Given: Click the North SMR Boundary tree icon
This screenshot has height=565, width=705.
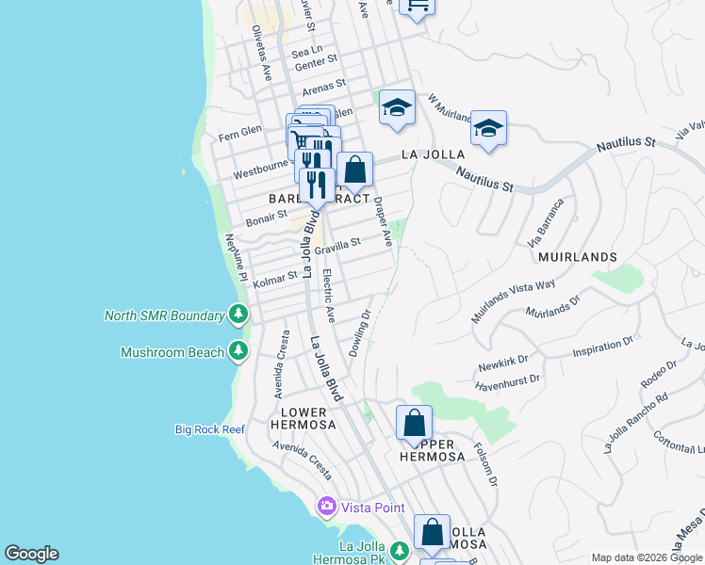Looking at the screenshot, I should (239, 315).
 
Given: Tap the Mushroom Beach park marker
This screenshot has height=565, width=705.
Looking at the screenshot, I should (239, 352).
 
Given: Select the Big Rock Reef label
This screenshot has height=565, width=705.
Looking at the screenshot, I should (210, 429).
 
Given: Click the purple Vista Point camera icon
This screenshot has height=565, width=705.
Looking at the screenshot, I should (327, 507).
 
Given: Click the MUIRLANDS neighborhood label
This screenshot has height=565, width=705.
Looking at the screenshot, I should (577, 256).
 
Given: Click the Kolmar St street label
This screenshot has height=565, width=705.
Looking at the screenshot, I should (274, 277).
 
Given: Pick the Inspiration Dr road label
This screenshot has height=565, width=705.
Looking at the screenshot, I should (604, 350).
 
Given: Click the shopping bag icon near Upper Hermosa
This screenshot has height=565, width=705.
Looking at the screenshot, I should (414, 424).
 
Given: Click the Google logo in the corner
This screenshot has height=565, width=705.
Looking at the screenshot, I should (31, 554).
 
